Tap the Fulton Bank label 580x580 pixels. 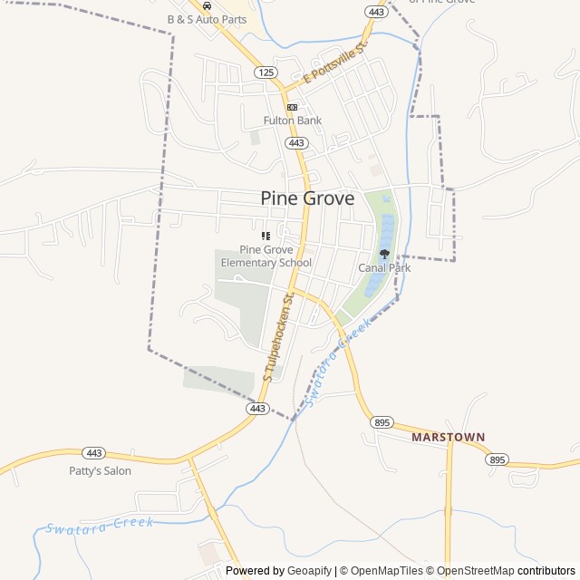(293, 121)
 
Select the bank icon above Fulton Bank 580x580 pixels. (292, 107)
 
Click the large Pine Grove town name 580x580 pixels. (307, 198)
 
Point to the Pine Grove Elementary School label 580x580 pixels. (266, 256)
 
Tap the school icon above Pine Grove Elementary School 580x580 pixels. (266, 236)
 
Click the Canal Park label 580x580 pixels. (384, 268)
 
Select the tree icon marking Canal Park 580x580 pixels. (384, 255)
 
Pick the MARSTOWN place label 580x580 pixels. (448, 437)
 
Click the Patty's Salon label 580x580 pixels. (101, 471)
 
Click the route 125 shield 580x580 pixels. (265, 72)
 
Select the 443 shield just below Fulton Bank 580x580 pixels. (296, 143)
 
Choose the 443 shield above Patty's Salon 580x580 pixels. (93, 452)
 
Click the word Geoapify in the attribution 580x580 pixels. (309, 571)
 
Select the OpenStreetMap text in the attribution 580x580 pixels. (475, 571)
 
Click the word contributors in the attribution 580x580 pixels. (546, 571)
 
